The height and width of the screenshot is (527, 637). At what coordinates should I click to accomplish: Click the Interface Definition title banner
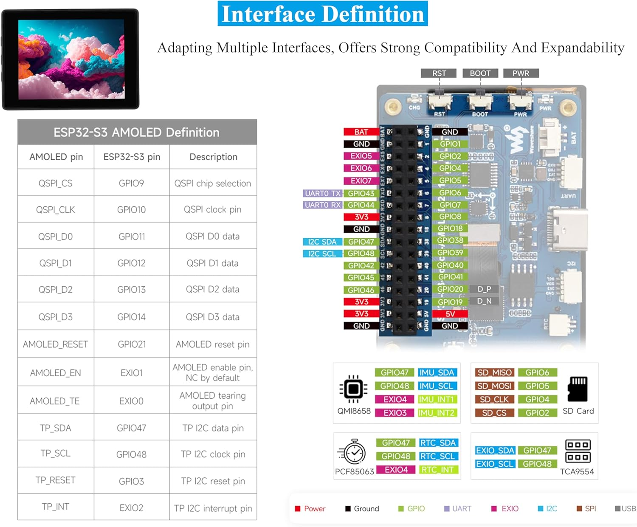(x=322, y=14)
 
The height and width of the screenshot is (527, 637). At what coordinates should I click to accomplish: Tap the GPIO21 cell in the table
(x=132, y=344)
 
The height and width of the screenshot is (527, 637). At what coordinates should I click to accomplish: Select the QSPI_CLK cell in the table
(x=56, y=210)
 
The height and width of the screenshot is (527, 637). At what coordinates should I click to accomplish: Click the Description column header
(x=213, y=157)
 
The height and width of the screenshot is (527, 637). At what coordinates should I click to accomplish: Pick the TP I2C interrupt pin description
(x=213, y=508)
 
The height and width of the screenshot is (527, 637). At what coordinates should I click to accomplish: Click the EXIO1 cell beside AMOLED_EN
(x=132, y=373)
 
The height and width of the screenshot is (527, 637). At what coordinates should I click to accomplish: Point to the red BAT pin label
(x=361, y=132)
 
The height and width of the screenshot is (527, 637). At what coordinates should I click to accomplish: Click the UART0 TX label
(x=323, y=193)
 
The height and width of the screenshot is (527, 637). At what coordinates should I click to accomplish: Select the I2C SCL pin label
(x=322, y=254)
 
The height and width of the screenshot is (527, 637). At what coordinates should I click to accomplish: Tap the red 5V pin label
(x=450, y=314)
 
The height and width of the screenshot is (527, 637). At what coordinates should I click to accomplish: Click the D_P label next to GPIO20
(x=484, y=289)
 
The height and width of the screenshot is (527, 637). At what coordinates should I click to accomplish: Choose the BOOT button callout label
(x=480, y=73)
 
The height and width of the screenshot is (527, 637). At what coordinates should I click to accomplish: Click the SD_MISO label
(x=494, y=373)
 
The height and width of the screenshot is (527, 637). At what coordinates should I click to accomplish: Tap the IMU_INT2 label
(x=437, y=413)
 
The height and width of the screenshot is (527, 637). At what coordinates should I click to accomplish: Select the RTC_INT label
(x=437, y=470)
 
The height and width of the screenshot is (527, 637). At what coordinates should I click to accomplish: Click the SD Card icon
(x=578, y=389)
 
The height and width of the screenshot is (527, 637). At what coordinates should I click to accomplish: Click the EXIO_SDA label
(x=495, y=451)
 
